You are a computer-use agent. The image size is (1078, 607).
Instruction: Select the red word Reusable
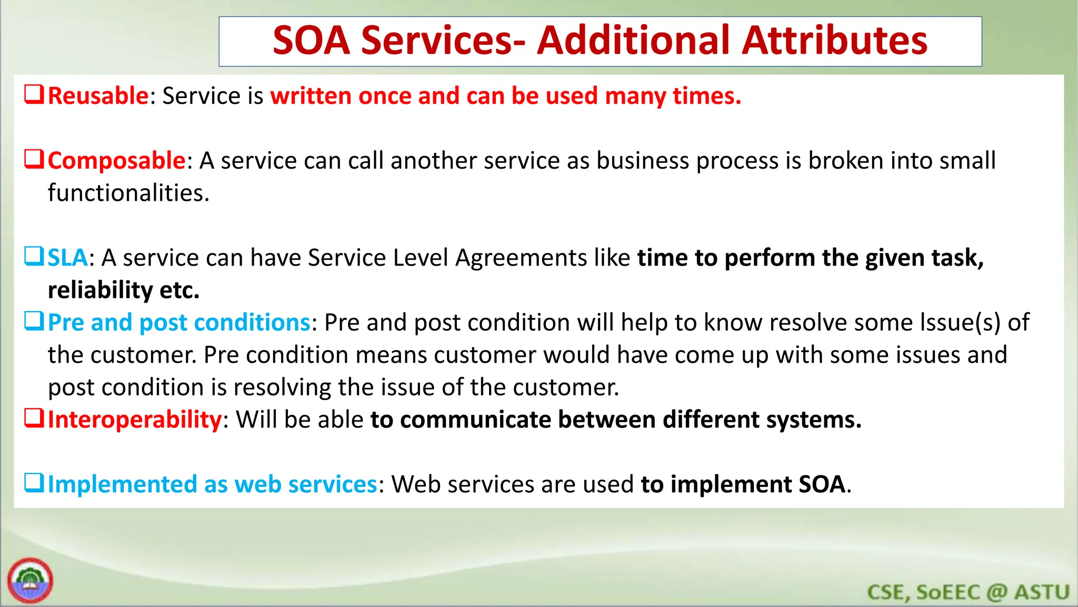point(98,96)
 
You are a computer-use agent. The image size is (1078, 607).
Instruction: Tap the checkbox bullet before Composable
point(34,159)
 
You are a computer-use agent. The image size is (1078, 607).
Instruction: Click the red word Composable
point(116,161)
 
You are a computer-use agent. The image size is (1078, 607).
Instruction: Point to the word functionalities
point(128,193)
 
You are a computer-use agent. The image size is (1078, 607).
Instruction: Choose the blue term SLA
point(67,258)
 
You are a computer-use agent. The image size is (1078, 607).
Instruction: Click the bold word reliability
point(100,290)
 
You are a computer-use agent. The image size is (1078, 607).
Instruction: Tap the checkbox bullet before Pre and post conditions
point(34,321)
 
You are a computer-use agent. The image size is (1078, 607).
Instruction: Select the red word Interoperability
point(134,420)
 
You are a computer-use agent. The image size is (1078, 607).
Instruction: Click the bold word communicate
point(473,420)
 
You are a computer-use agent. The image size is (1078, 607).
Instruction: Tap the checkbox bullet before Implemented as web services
point(34,483)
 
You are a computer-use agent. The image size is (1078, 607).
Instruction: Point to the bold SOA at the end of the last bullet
point(822,485)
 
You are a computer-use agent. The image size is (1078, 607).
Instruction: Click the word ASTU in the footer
point(1042,592)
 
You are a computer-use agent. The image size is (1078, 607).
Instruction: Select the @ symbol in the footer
point(997,592)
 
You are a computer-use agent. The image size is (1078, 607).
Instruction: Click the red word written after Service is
point(311,96)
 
